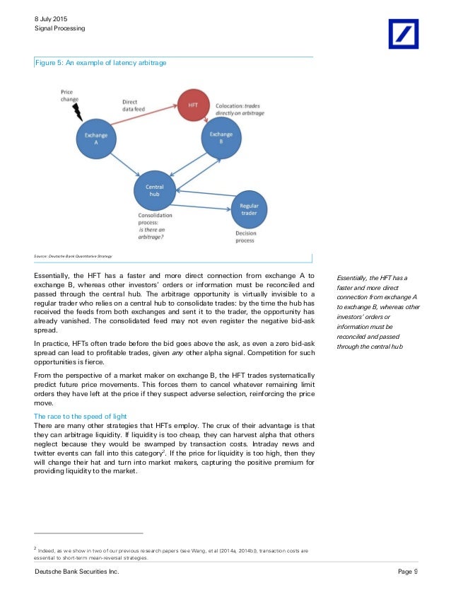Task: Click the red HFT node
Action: tap(193, 104)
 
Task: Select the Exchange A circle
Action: tap(92, 137)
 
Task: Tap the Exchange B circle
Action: tap(221, 139)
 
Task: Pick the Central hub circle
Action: tap(155, 190)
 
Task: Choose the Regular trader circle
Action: tap(249, 209)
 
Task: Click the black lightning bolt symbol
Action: tap(77, 110)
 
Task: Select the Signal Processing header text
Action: tap(59, 28)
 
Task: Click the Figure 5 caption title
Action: tap(101, 64)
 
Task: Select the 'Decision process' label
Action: tap(245, 237)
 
